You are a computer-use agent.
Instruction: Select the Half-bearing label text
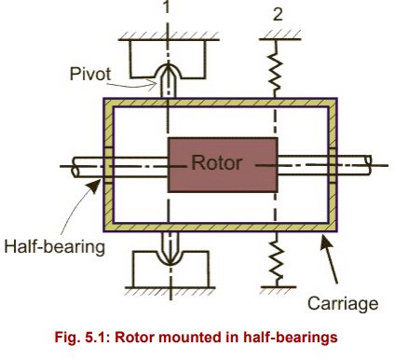[52, 246]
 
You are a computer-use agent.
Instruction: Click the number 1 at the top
[167, 8]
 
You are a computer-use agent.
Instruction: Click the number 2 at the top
[276, 12]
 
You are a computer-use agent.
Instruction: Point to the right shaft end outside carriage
[358, 165]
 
